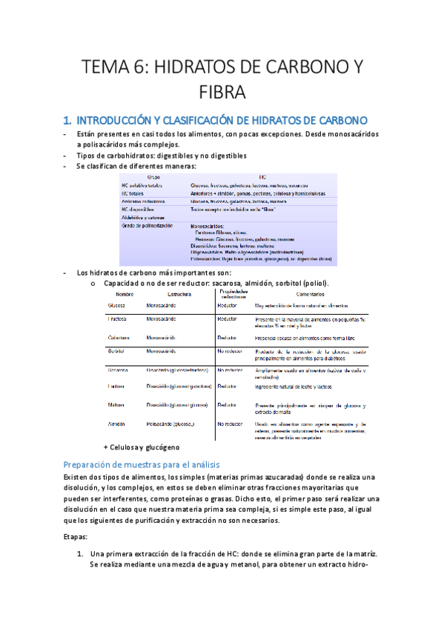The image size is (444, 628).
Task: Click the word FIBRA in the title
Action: click(222, 93)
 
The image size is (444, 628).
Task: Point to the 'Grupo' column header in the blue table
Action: click(154, 178)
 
